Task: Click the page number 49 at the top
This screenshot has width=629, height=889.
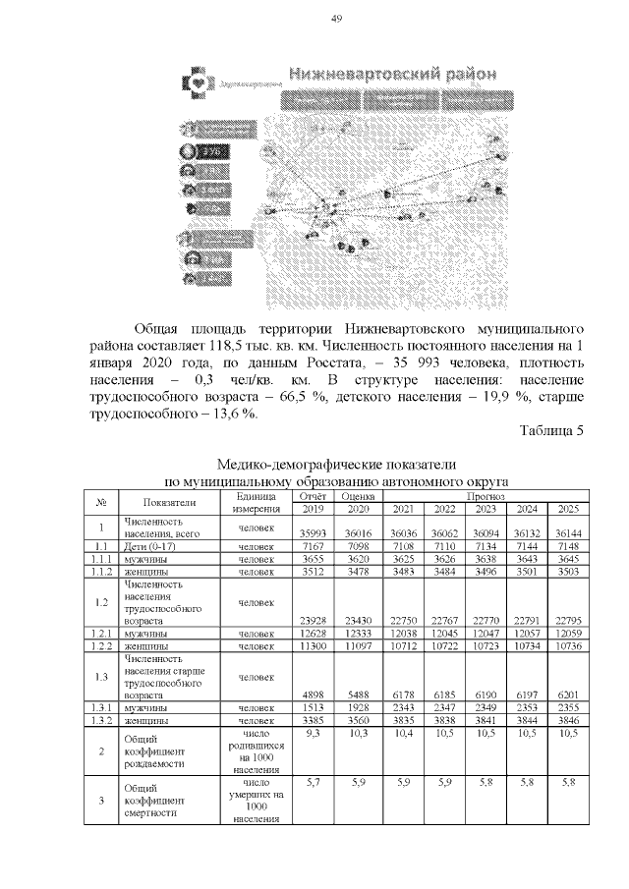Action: point(335,19)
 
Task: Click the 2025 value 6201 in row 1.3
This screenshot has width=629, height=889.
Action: point(568,695)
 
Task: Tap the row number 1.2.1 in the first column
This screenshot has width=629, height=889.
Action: point(100,634)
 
